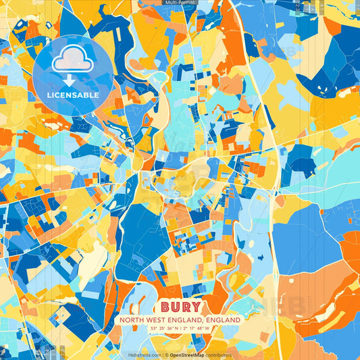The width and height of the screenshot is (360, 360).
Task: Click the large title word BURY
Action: (180, 307)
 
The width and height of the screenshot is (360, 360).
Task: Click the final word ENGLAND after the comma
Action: (224, 319)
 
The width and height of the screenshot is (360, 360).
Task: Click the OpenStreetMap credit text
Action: (188, 355)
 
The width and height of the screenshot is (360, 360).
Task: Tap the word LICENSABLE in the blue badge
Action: (72, 95)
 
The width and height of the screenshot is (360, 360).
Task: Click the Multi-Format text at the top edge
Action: (180, 3)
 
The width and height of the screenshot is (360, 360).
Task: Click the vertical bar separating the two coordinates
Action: (180, 328)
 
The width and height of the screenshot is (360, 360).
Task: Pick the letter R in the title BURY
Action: (186, 307)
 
